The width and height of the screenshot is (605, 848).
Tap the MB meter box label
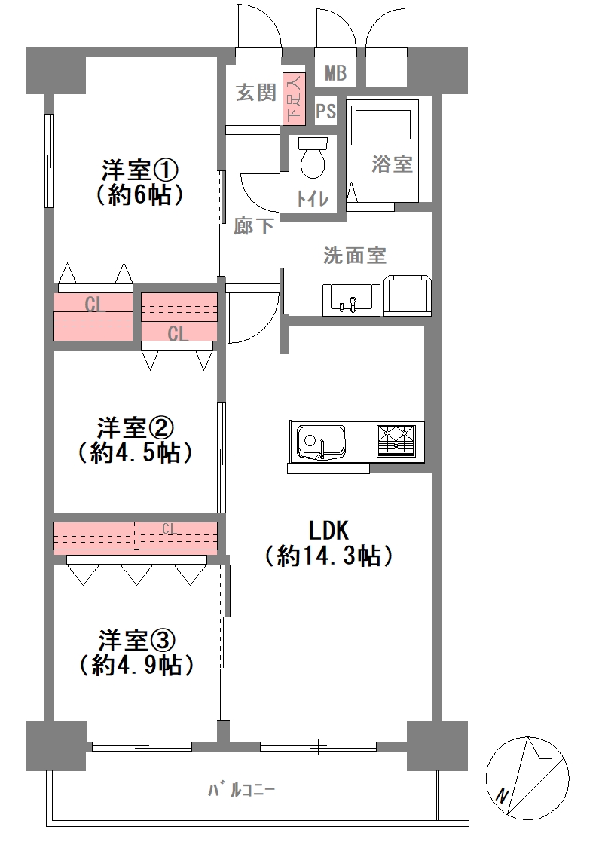(335, 73)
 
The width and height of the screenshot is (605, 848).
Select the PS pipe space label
(325, 112)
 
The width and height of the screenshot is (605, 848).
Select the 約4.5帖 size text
(135, 454)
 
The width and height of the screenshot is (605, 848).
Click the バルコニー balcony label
(242, 791)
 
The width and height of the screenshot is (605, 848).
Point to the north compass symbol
(527, 776)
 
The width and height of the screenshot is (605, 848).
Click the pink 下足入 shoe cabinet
(292, 99)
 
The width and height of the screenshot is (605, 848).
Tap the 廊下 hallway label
(252, 225)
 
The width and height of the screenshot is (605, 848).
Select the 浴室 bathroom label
(392, 164)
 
